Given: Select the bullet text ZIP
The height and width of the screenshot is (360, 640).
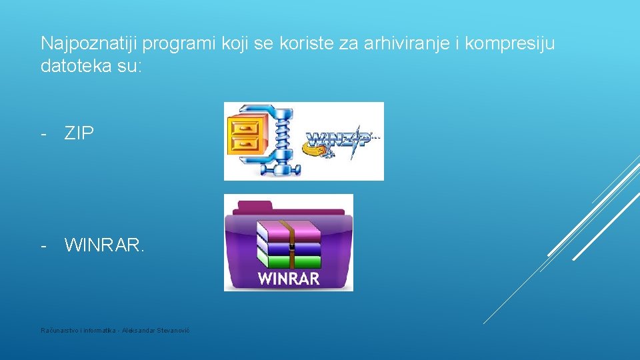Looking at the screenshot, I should tap(79, 133).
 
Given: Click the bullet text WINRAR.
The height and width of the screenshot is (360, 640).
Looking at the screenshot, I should tap(103, 246).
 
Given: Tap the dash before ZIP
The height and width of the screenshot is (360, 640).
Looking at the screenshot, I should tap(44, 133).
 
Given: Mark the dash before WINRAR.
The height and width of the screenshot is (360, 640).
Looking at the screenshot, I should tap(44, 246).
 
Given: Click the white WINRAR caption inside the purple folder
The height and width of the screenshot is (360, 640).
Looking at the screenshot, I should tap(288, 279).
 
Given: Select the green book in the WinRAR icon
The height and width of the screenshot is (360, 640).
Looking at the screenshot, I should tap(289, 261).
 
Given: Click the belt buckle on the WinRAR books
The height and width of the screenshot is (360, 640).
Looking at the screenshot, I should tap(291, 247).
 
